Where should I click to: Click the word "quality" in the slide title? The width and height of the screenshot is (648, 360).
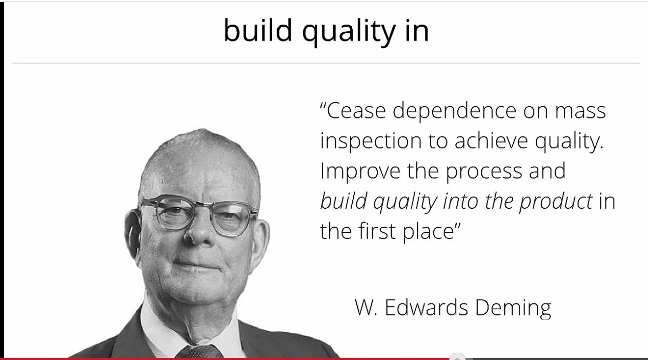(x=349, y=32)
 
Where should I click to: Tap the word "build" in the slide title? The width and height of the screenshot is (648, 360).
(x=258, y=30)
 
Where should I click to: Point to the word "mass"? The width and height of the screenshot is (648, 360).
(x=580, y=111)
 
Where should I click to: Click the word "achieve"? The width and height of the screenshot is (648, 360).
(x=491, y=141)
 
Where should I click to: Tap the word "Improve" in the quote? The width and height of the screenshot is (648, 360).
(x=360, y=172)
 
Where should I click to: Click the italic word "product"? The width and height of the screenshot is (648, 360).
(x=556, y=202)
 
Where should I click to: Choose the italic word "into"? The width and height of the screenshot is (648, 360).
(x=460, y=201)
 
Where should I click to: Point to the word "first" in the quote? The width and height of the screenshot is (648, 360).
(x=377, y=231)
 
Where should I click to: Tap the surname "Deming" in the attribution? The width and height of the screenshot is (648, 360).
(x=513, y=308)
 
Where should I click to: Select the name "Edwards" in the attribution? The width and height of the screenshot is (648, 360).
(x=427, y=307)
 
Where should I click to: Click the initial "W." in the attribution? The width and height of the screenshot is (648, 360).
(x=366, y=307)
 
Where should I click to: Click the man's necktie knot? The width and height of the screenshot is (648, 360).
(x=199, y=352)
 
